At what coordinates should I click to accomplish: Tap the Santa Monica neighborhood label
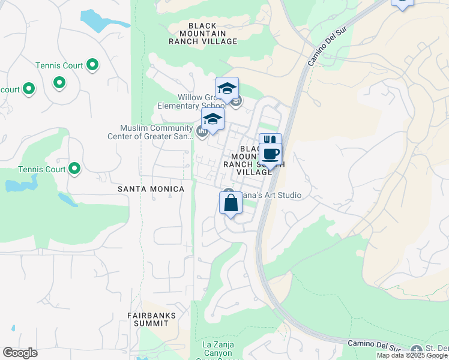coord(151,189)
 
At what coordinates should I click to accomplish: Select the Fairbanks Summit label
coord(148,319)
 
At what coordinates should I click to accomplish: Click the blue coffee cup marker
coord(271,154)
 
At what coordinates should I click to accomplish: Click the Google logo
coord(20,353)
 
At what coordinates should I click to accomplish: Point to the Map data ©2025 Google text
coord(412,356)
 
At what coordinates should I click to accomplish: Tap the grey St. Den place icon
coord(417,350)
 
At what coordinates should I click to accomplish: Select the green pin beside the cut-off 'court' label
coord(28,90)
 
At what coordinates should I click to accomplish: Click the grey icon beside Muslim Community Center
coord(202,131)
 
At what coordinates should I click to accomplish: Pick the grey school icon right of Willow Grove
coord(237,101)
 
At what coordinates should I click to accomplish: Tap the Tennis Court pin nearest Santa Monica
coord(74,169)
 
